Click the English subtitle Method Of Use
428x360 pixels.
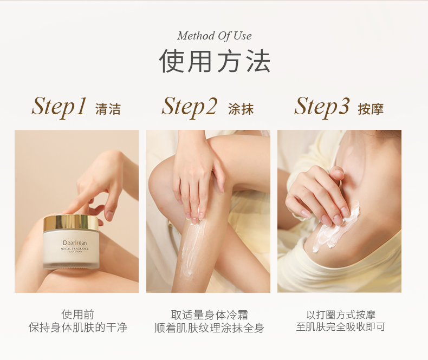(215, 36)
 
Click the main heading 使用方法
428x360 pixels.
(215, 61)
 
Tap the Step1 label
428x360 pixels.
(59, 107)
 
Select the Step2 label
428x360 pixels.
(190, 107)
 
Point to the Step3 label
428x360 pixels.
(322, 107)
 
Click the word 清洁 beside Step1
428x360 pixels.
(108, 109)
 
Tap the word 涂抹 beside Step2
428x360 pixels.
(241, 109)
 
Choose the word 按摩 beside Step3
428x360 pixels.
(371, 109)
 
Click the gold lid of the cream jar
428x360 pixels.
(71, 222)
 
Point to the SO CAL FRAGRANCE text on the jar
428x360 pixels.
(75, 249)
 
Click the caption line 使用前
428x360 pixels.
(78, 315)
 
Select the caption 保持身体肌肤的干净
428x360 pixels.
(78, 328)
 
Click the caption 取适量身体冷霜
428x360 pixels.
(209, 315)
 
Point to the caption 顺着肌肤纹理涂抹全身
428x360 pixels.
(209, 328)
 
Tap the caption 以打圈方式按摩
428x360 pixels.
(341, 315)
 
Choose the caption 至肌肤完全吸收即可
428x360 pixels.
(341, 326)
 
